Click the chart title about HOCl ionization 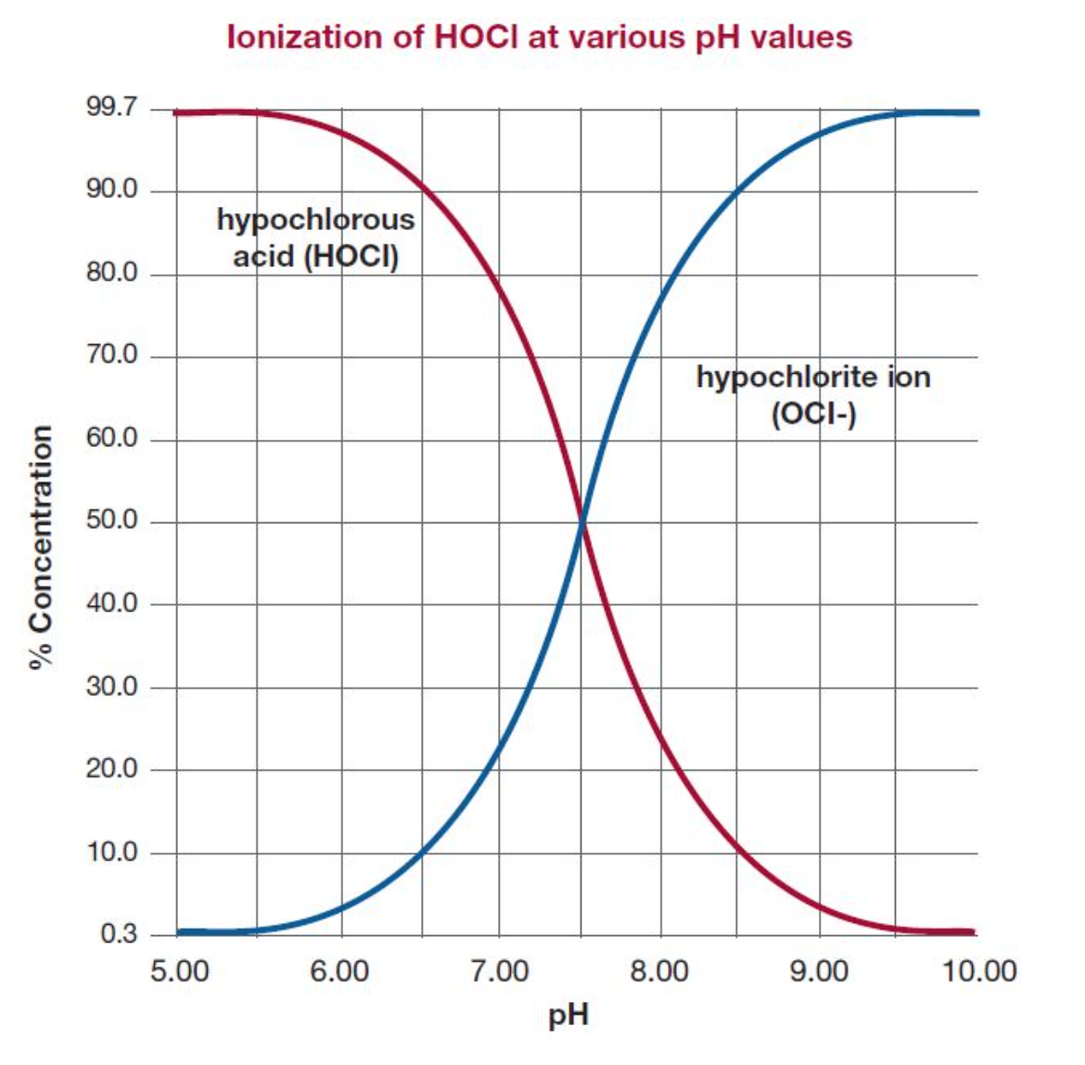point(540,37)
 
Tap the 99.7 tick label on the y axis point(111,108)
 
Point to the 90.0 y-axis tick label point(111,190)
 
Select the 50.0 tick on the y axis point(111,520)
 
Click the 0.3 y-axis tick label point(119,933)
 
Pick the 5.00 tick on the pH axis point(179,971)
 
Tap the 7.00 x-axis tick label point(499,971)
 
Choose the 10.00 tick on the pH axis point(979,971)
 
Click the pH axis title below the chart point(568,1016)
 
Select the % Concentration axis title point(41,547)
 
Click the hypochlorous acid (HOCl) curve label point(315,237)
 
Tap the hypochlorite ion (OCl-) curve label point(813,394)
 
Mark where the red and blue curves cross point(581,522)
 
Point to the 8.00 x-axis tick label point(659,971)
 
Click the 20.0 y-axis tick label point(111,769)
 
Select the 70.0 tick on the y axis point(111,355)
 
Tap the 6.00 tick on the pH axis point(339,971)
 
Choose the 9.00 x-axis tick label point(819,971)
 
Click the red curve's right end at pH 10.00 point(973,931)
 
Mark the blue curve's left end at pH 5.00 point(180,931)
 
